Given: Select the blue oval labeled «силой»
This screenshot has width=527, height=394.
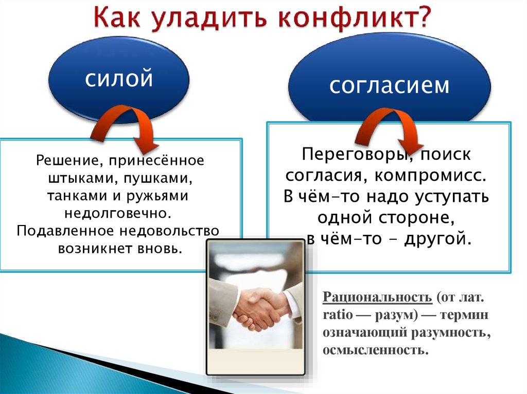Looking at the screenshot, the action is [119, 79].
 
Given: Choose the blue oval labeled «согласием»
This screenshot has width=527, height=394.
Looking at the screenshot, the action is [389, 84].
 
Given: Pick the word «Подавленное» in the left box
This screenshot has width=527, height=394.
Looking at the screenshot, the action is [66, 231].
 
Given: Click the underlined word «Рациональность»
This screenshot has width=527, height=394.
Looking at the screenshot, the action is [377, 297].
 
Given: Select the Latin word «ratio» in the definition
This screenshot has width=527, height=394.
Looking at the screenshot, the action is [338, 315].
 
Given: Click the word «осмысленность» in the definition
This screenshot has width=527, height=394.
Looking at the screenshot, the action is [375, 350].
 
